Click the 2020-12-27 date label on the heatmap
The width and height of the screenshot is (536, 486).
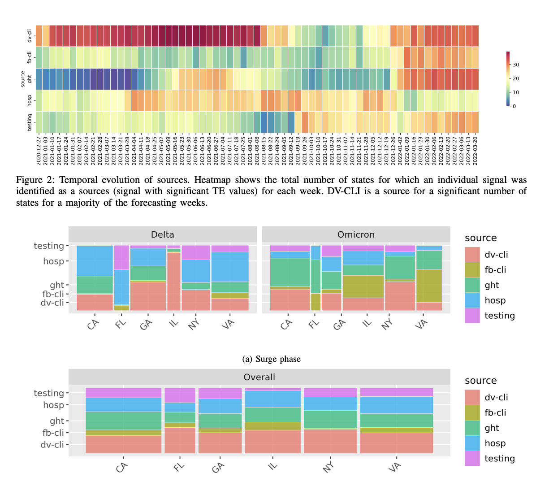[x=39, y=150]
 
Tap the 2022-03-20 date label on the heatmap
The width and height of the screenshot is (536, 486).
[x=475, y=150]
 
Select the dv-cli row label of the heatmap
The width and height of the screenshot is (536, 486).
[x=30, y=36]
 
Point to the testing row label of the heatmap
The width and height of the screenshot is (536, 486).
[x=30, y=122]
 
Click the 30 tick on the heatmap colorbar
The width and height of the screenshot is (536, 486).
[x=516, y=65]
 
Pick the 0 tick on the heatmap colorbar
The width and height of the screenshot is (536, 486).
[x=514, y=106]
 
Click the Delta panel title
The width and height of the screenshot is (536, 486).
[x=162, y=234]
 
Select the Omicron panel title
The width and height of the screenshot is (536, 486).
[x=356, y=234]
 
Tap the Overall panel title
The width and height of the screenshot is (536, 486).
[x=259, y=377]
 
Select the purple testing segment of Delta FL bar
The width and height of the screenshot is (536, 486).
[x=121, y=257]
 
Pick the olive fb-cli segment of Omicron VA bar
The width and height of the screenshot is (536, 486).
[x=429, y=286]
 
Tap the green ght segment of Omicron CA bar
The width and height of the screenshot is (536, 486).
[x=290, y=272]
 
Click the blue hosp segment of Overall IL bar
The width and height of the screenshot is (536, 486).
[x=272, y=399]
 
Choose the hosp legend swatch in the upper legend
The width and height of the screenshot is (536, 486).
[x=472, y=300]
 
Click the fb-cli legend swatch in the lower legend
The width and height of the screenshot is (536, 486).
[x=472, y=412]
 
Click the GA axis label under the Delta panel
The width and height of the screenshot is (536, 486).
[x=146, y=324]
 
